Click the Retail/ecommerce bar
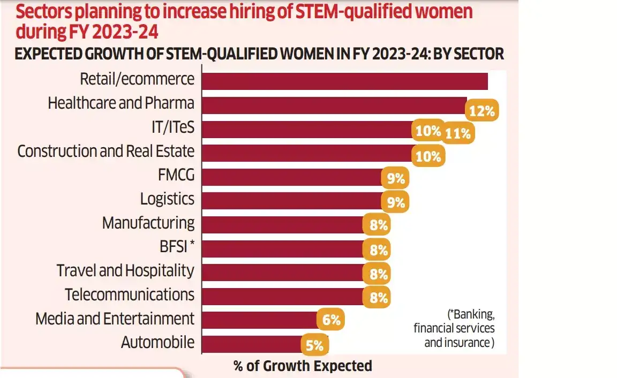[x=344, y=81]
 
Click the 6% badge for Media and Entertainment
[x=330, y=320]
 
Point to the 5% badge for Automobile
[x=314, y=346]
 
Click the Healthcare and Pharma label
[x=121, y=103]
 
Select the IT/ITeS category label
[x=173, y=127]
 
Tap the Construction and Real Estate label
[x=106, y=151]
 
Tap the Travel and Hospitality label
[x=125, y=270]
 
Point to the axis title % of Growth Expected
[x=303, y=366]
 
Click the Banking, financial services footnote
[x=454, y=328]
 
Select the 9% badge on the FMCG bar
[x=395, y=178]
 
